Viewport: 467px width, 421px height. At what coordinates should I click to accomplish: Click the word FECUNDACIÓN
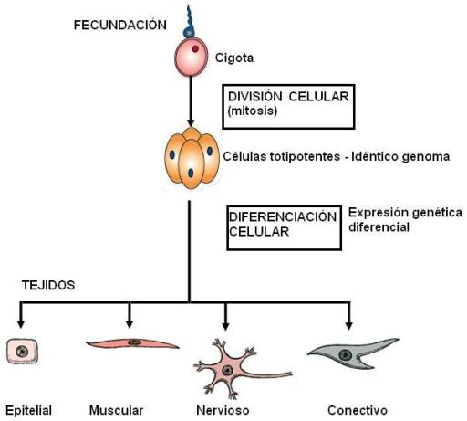coord(120,25)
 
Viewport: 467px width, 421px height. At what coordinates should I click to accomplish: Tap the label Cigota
coord(234,58)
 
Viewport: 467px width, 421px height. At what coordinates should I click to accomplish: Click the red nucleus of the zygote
coord(195,48)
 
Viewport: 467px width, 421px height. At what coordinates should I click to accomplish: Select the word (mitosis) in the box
coord(253,111)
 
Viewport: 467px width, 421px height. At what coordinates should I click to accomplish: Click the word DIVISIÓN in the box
coord(255,97)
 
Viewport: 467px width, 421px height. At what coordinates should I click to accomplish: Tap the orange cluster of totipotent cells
coord(192,158)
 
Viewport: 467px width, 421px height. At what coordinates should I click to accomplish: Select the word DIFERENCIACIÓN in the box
coord(283,217)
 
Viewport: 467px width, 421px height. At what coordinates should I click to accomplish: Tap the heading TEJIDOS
coord(48,285)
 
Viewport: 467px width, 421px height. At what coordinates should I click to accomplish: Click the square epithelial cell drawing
coord(23,352)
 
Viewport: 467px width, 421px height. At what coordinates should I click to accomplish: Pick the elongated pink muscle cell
coord(133,343)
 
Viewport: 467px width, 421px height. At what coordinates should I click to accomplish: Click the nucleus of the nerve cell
coord(227,371)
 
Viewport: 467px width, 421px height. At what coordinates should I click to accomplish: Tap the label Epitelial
coord(28,411)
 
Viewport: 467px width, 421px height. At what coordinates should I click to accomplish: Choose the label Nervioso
coord(223,410)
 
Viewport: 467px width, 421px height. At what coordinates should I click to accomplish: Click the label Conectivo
coord(358,410)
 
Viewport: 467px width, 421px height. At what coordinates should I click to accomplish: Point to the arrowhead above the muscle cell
coord(130,323)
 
